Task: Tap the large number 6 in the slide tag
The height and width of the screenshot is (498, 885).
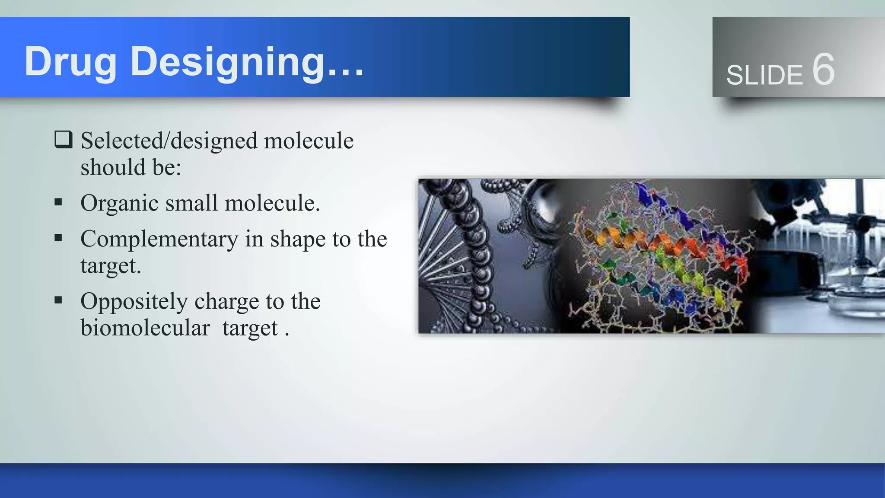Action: tap(823, 69)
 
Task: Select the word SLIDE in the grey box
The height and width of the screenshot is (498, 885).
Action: tap(764, 75)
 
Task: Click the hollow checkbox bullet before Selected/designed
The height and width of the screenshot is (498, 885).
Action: tap(63, 140)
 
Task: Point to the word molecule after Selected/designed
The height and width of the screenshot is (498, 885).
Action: tap(309, 141)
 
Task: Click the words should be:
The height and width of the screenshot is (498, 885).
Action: tap(131, 167)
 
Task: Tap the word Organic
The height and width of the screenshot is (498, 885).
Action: tap(119, 203)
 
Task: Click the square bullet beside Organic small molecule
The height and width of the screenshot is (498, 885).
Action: tap(58, 202)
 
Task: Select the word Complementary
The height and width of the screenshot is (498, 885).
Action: tap(159, 239)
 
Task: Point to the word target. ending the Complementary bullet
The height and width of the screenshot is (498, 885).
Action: tap(111, 266)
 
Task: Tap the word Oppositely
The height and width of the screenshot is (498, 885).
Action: tap(134, 301)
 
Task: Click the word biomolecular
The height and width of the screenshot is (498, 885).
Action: tap(145, 328)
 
